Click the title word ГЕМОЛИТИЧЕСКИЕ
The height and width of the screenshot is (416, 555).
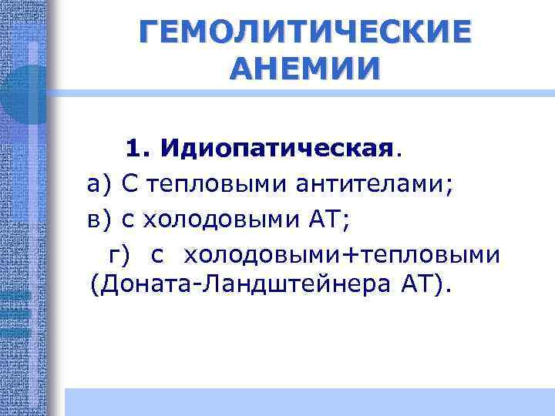pyautogui.click(x=305, y=33)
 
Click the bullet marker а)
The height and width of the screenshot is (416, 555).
pyautogui.click(x=99, y=183)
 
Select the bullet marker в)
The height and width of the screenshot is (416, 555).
pyautogui.click(x=99, y=220)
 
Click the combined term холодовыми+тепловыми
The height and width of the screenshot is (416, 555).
pyautogui.click(x=342, y=254)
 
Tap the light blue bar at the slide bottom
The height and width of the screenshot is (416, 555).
pyautogui.click(x=308, y=401)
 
